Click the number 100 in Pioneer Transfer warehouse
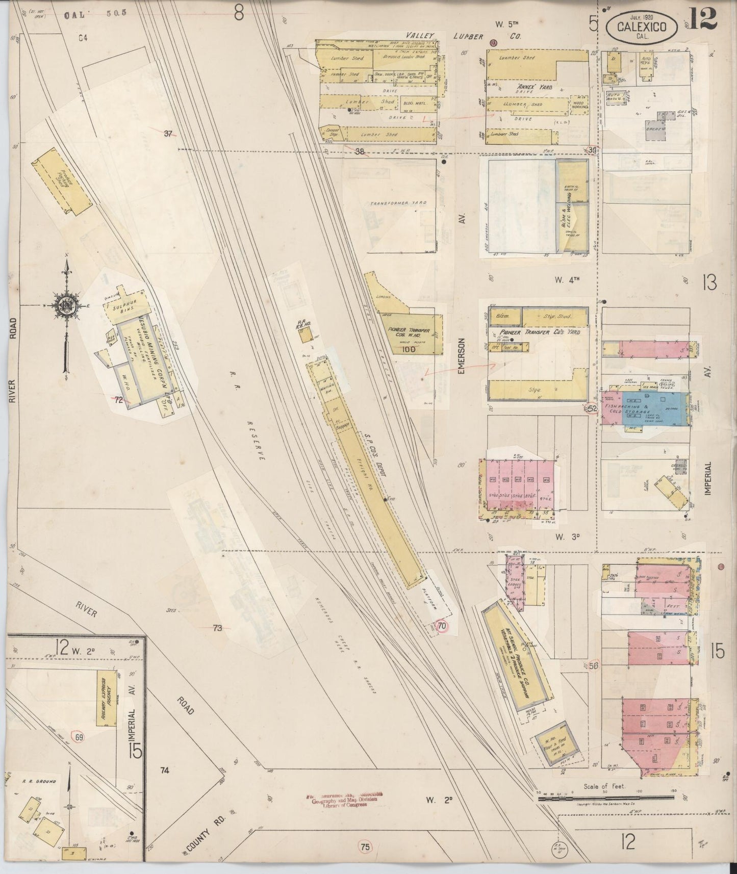[409, 349]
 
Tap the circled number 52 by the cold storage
[592, 408]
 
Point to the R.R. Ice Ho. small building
[306, 335]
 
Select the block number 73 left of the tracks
[218, 628]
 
